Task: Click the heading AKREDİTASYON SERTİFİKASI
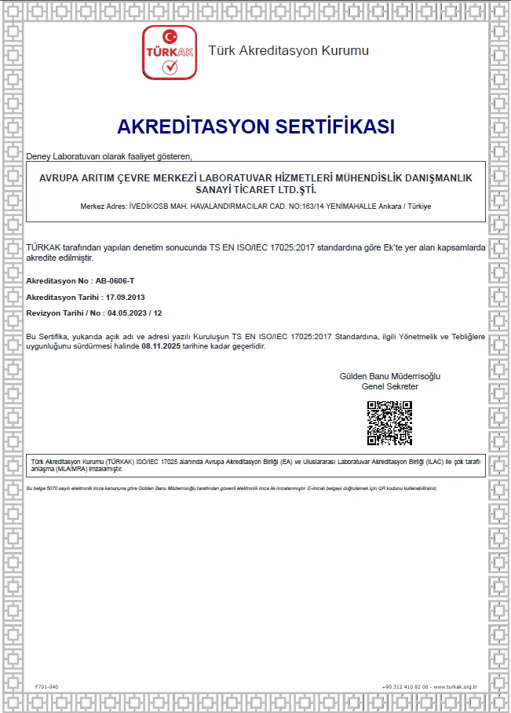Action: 255,126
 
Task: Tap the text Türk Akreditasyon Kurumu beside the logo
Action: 288,51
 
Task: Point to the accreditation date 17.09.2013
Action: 126,298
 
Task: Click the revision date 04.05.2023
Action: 126,313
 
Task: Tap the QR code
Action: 389,423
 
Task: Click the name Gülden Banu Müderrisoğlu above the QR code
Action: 389,376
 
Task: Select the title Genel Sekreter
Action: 389,386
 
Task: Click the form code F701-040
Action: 47,687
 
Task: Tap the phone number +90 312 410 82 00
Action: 405,687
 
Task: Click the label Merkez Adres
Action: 103,206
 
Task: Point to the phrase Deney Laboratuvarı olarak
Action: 75,155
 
